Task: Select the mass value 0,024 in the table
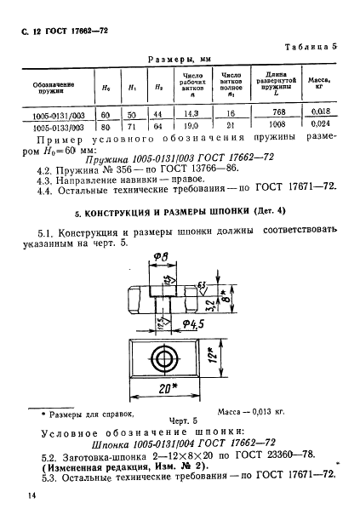coord(320,123)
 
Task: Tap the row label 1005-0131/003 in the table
coord(59,116)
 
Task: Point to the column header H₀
coord(106,88)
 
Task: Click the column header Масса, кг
coord(319,83)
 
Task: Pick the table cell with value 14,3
coord(191,114)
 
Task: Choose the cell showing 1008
coord(277,124)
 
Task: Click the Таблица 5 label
coord(311,47)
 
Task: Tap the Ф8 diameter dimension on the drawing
coord(161,257)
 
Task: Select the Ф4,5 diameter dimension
coord(193,324)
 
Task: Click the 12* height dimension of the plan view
coord(213,355)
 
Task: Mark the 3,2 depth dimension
coord(210,306)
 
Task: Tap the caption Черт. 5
coord(183,421)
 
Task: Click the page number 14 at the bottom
coord(31,495)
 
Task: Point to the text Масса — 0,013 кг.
coord(251,411)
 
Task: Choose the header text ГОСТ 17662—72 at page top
coord(77,31)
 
